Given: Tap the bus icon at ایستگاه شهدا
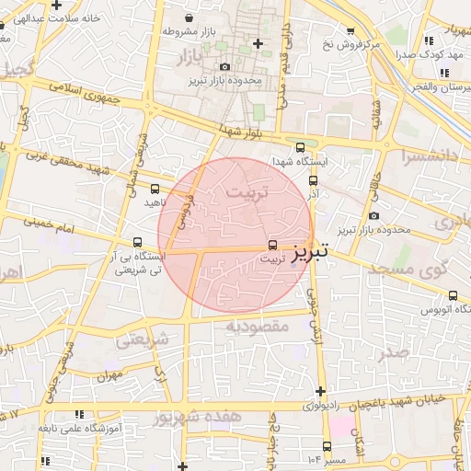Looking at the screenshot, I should point(300,147).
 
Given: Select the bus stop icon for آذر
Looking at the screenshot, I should point(314,182).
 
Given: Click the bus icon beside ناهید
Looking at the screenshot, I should point(154,190).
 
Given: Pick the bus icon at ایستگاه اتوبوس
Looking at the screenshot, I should point(454,296).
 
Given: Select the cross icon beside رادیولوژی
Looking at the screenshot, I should point(319,391).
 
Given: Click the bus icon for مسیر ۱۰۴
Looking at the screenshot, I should point(302,446).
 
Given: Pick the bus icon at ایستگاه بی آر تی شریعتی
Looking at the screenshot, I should point(138,243).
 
